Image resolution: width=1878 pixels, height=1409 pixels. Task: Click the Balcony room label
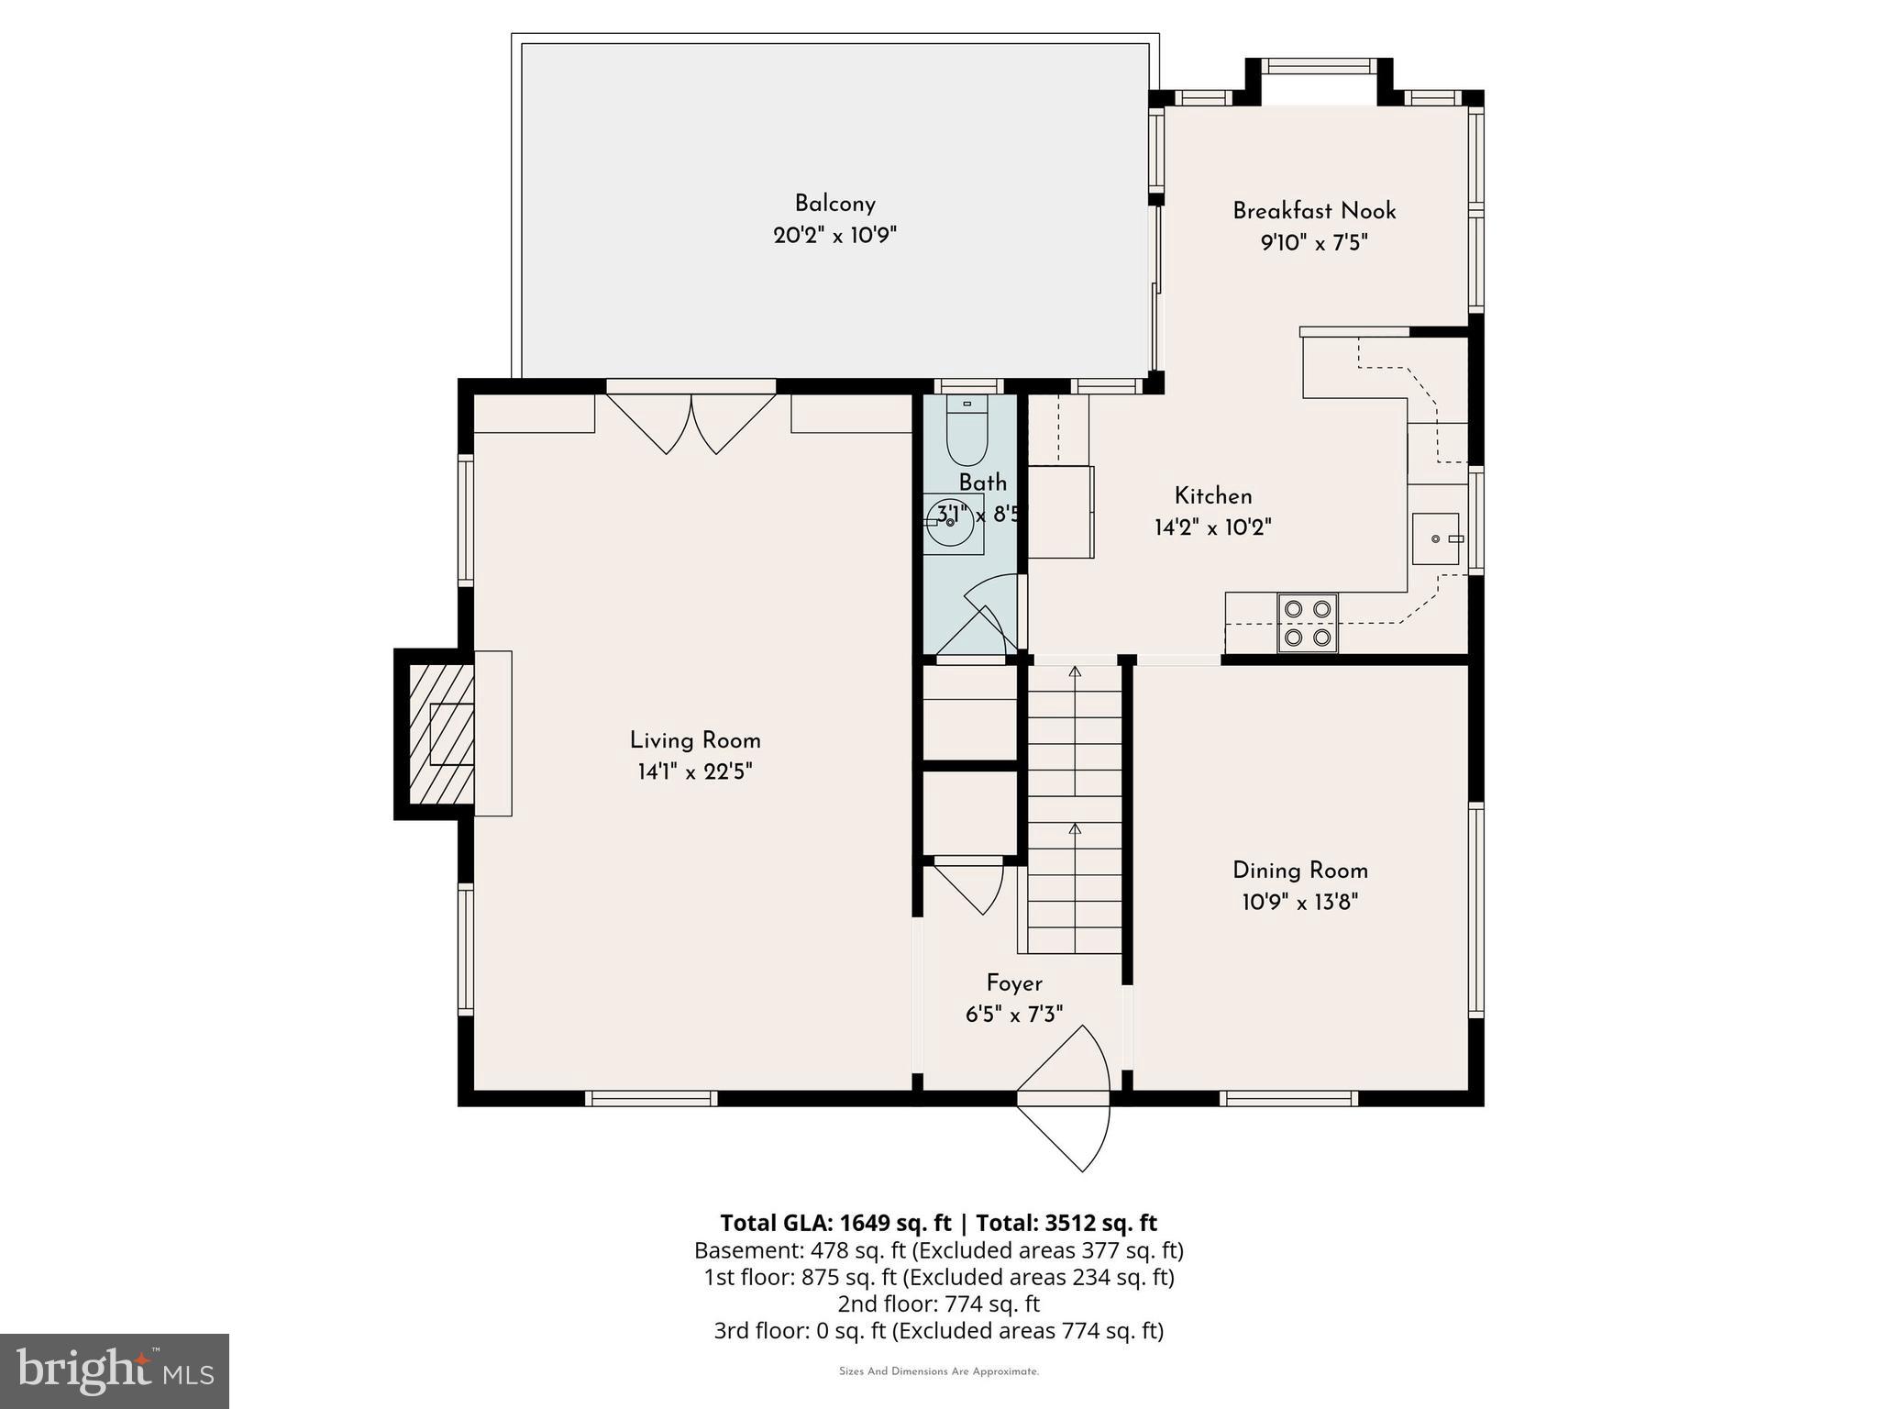pyautogui.click(x=834, y=204)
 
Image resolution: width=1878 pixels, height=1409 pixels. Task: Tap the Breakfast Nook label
pyautogui.click(x=1314, y=211)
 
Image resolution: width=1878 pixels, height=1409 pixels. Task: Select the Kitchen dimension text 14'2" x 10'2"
pyautogui.click(x=1213, y=527)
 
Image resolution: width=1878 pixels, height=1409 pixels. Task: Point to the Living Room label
pyautogui.click(x=695, y=740)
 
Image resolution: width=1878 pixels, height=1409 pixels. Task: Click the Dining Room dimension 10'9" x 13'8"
pyautogui.click(x=1299, y=902)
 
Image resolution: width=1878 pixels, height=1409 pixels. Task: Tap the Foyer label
pyautogui.click(x=1014, y=983)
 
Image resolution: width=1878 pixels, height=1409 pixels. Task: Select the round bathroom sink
pyautogui.click(x=949, y=522)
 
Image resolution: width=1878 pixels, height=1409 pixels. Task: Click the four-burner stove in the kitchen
pyautogui.click(x=1308, y=623)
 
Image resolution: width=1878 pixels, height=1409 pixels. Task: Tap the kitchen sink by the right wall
pyautogui.click(x=1436, y=538)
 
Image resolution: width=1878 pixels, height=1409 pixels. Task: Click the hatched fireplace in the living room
pyautogui.click(x=441, y=733)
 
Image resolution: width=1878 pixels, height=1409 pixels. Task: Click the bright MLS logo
pyautogui.click(x=115, y=1371)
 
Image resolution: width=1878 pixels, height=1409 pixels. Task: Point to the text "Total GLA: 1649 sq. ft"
pyautogui.click(x=835, y=1223)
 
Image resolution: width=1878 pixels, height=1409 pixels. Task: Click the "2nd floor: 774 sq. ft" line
pyautogui.click(x=938, y=1304)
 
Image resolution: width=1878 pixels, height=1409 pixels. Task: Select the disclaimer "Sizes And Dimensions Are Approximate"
pyautogui.click(x=939, y=1371)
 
